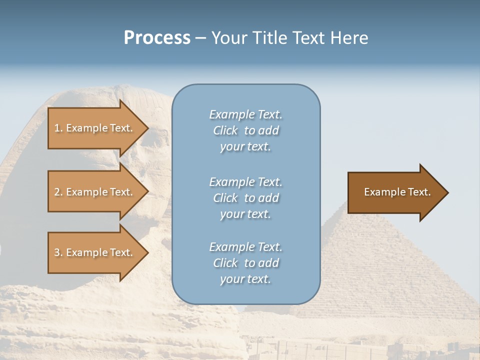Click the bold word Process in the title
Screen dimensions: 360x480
coord(157,38)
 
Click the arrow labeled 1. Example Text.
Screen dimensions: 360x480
coord(95,128)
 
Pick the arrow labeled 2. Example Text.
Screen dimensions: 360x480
coord(95,192)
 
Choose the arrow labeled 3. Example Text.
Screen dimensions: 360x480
coord(95,252)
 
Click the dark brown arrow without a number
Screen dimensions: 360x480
coord(395,192)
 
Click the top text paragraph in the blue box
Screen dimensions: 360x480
coord(245,130)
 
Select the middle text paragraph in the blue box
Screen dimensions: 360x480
coord(245,198)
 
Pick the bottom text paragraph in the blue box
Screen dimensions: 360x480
coord(245,263)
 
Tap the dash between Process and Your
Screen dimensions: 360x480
coord(200,38)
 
